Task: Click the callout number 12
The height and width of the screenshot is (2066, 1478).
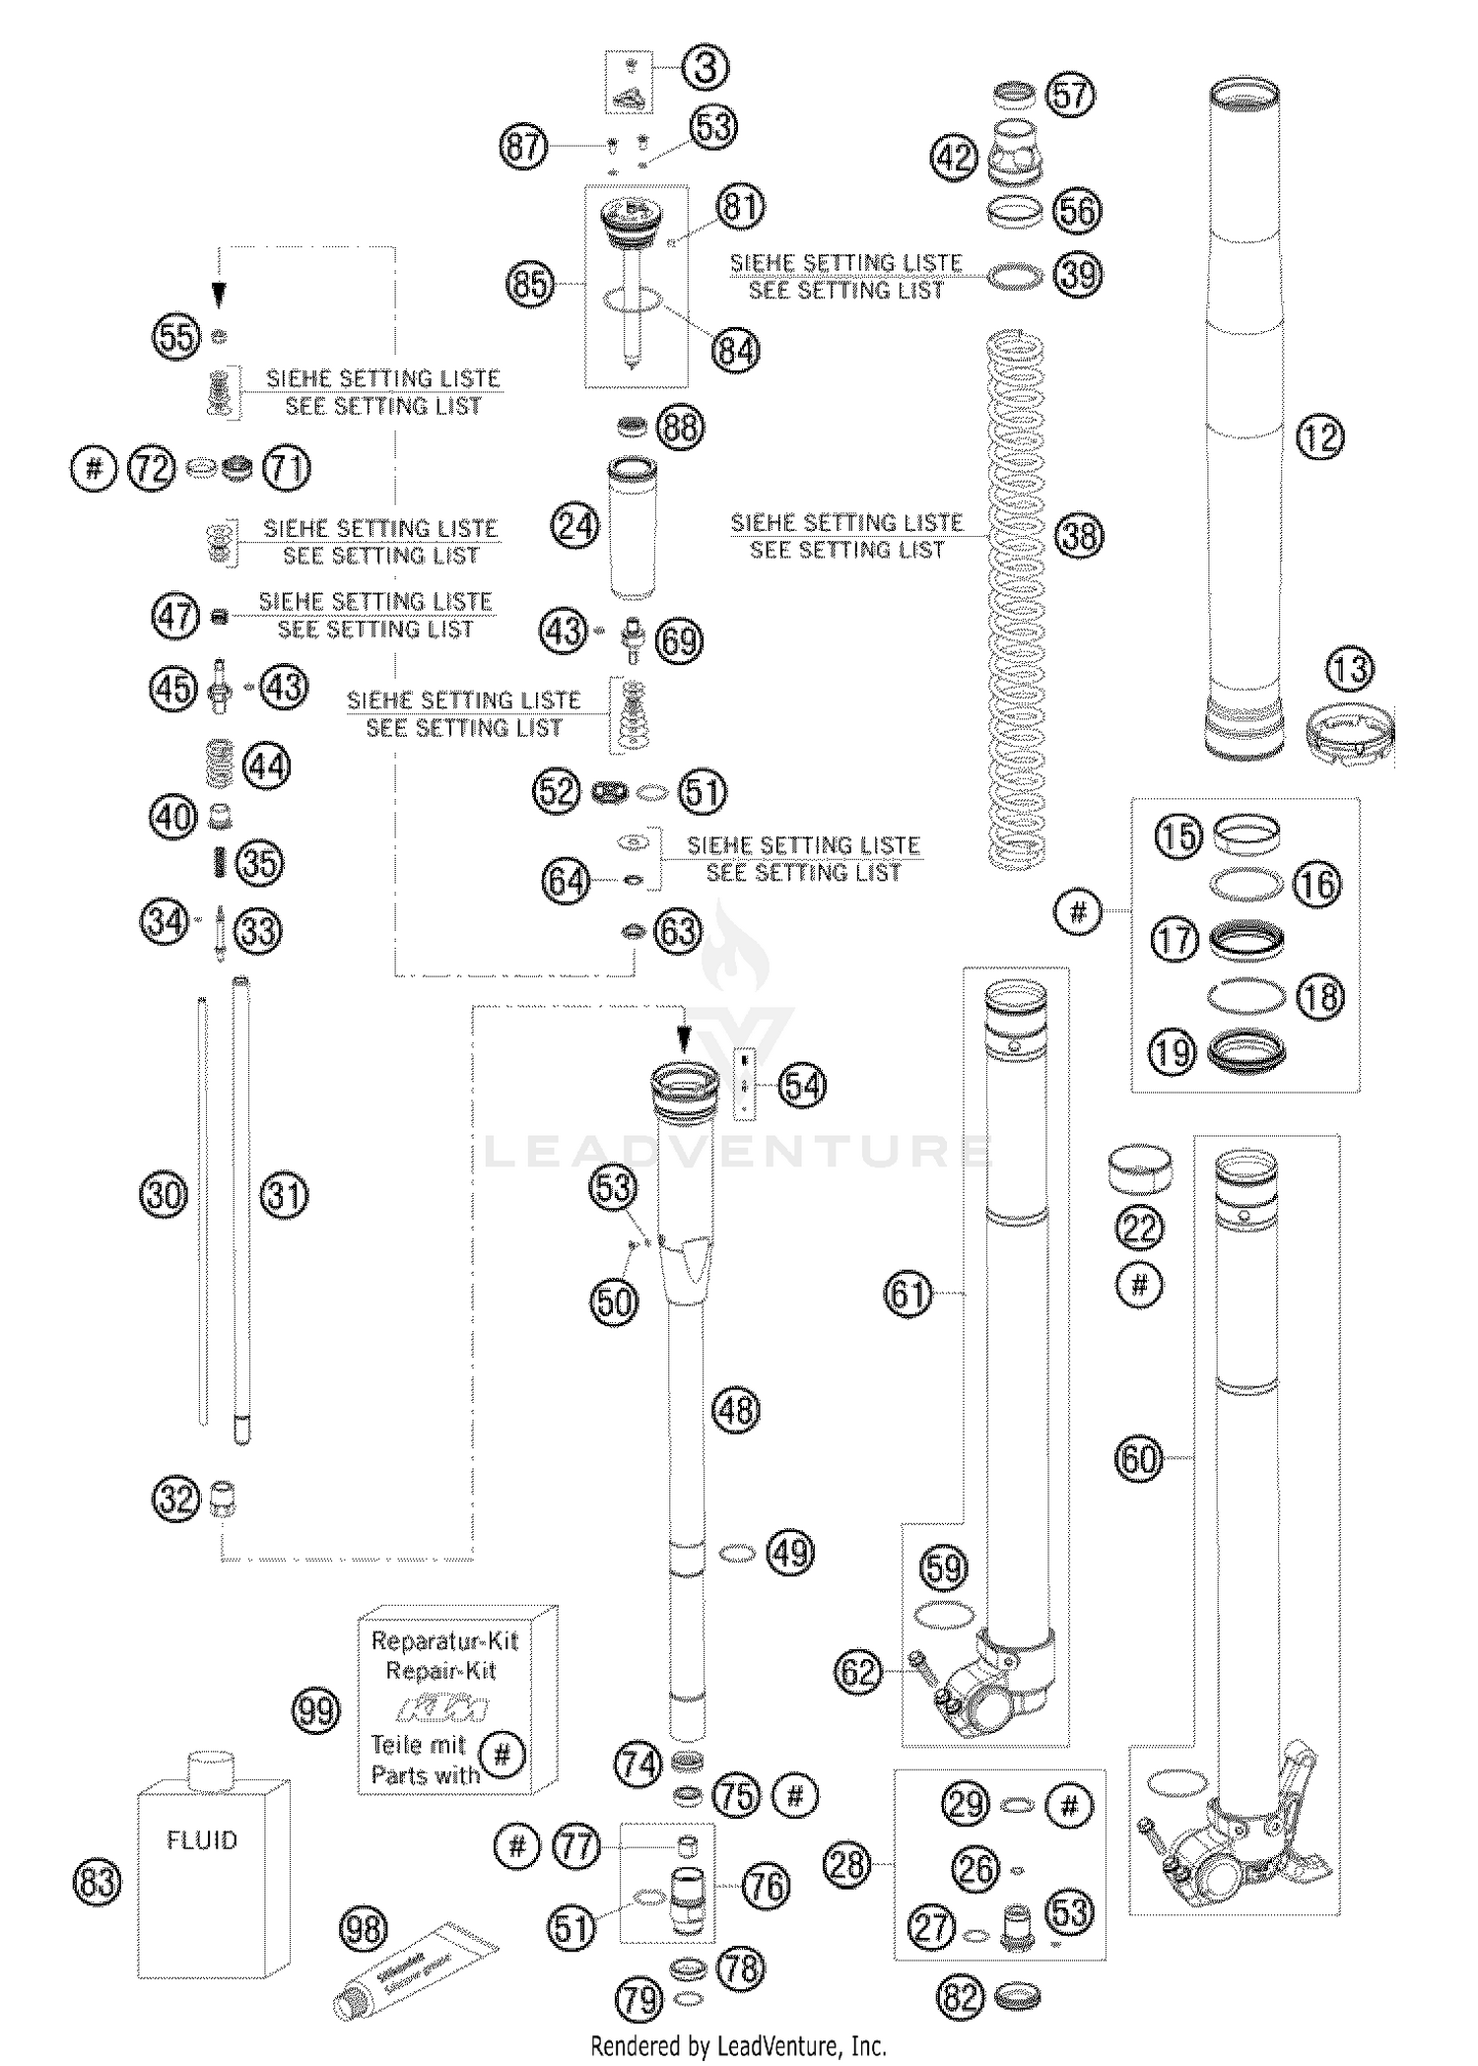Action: pos(1320,435)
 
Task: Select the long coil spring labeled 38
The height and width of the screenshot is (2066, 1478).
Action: pos(1016,601)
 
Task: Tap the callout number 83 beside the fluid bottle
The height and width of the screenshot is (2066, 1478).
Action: pos(98,1882)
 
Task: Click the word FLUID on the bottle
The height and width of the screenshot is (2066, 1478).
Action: pos(202,1840)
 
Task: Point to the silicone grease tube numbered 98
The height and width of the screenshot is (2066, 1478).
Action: pos(414,1968)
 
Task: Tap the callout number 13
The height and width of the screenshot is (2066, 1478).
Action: pos(1349,669)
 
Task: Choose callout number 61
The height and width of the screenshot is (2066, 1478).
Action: pos(907,1293)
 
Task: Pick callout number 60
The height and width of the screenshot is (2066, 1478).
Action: pos(1139,1458)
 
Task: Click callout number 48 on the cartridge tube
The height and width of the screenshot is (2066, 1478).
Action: pos(736,1410)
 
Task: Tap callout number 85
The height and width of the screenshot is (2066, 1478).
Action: pos(530,285)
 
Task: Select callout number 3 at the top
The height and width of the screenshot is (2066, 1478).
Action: pos(705,68)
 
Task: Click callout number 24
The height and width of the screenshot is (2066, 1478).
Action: pos(575,525)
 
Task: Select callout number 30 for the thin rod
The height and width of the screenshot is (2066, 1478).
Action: pos(163,1195)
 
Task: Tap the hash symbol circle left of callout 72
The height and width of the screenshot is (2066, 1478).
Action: pos(94,467)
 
